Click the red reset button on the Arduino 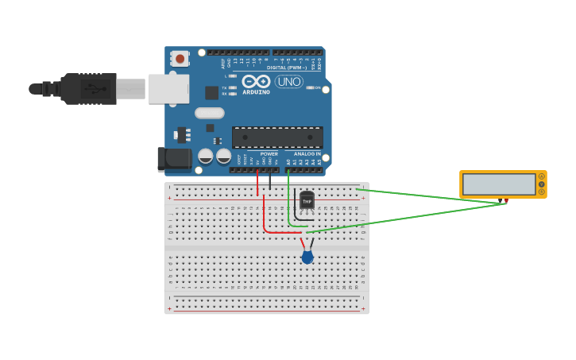pos(180,58)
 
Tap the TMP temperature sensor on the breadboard pos(307,200)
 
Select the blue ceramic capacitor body pos(307,257)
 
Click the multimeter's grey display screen pos(499,184)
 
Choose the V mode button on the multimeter pos(542,184)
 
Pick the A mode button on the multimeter pos(542,176)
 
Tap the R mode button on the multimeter pos(542,192)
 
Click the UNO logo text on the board pos(288,82)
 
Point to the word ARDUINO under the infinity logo pos(256,92)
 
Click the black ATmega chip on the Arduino pos(277,137)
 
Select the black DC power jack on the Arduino pos(174,159)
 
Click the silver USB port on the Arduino pos(168,89)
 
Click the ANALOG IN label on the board pos(307,153)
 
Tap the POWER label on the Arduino pos(269,153)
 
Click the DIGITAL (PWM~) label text pos(287,68)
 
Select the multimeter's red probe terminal pos(506,201)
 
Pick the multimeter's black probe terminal pos(501,201)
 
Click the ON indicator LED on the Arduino pos(310,87)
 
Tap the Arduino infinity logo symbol pos(256,81)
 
